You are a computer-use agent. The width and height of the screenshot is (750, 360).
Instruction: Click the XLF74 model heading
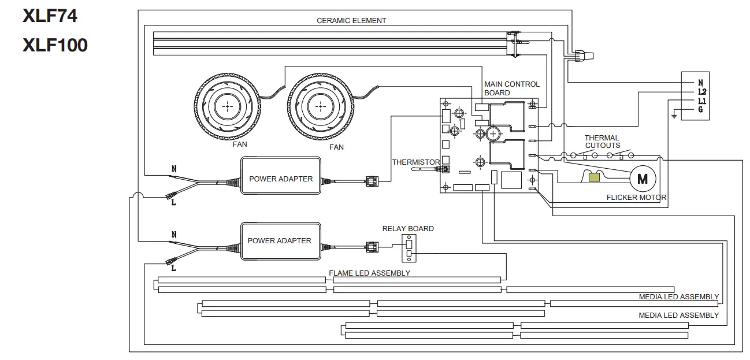[x=50, y=16]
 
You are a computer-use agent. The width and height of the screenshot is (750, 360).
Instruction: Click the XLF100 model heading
[x=55, y=46]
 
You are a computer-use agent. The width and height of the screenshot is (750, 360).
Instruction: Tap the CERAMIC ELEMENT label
[x=351, y=21]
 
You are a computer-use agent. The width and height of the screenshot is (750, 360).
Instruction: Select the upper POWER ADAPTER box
[x=281, y=179]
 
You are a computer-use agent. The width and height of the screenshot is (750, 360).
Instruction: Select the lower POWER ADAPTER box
[x=280, y=240]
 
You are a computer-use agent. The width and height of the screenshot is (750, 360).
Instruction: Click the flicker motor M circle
[x=642, y=179]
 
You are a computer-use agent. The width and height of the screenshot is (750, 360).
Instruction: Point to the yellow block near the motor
[x=593, y=177]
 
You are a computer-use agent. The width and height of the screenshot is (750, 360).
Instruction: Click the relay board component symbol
[x=409, y=249]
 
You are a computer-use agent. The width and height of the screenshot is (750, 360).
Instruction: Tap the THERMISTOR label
[x=415, y=162]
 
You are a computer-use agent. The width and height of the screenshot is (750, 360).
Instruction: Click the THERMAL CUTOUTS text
[x=602, y=142]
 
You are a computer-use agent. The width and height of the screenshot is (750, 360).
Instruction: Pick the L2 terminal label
[x=701, y=92]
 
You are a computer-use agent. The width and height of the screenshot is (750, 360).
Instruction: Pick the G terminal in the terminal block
[x=701, y=110]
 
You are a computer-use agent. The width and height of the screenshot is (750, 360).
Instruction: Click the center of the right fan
[x=320, y=107]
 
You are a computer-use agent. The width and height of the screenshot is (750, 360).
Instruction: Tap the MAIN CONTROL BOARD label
[x=511, y=88]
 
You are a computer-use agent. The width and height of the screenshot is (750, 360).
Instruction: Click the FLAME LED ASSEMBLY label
[x=369, y=273]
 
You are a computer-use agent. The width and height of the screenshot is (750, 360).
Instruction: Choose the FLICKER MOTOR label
[x=636, y=198]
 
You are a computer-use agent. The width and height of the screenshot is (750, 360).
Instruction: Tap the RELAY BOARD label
[x=408, y=229]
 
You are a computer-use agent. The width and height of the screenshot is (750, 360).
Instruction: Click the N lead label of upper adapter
[x=173, y=170]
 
